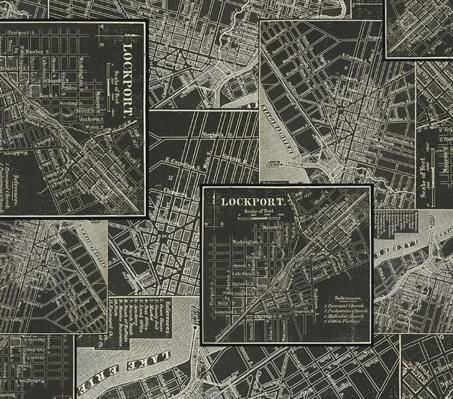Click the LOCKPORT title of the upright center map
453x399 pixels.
[x=253, y=201]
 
